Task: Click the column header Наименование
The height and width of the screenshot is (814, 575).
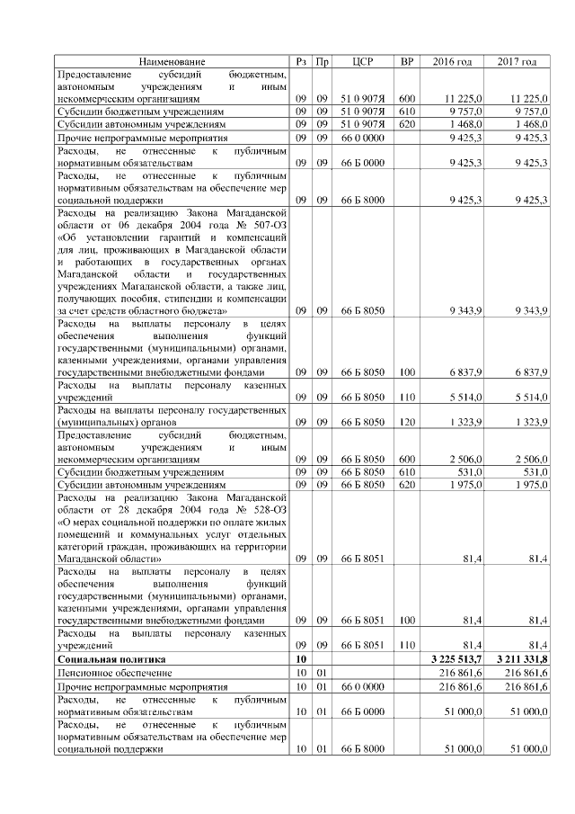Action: click(x=172, y=61)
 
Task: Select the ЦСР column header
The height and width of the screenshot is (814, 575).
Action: click(x=363, y=61)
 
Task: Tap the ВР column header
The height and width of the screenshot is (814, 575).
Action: click(x=406, y=61)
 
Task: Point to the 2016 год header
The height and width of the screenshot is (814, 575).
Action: click(x=452, y=61)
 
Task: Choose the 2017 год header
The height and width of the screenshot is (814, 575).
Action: click(x=517, y=61)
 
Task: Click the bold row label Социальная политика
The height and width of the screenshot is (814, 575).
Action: click(x=101, y=659)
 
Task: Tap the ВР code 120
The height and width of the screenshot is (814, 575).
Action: click(x=407, y=421)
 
